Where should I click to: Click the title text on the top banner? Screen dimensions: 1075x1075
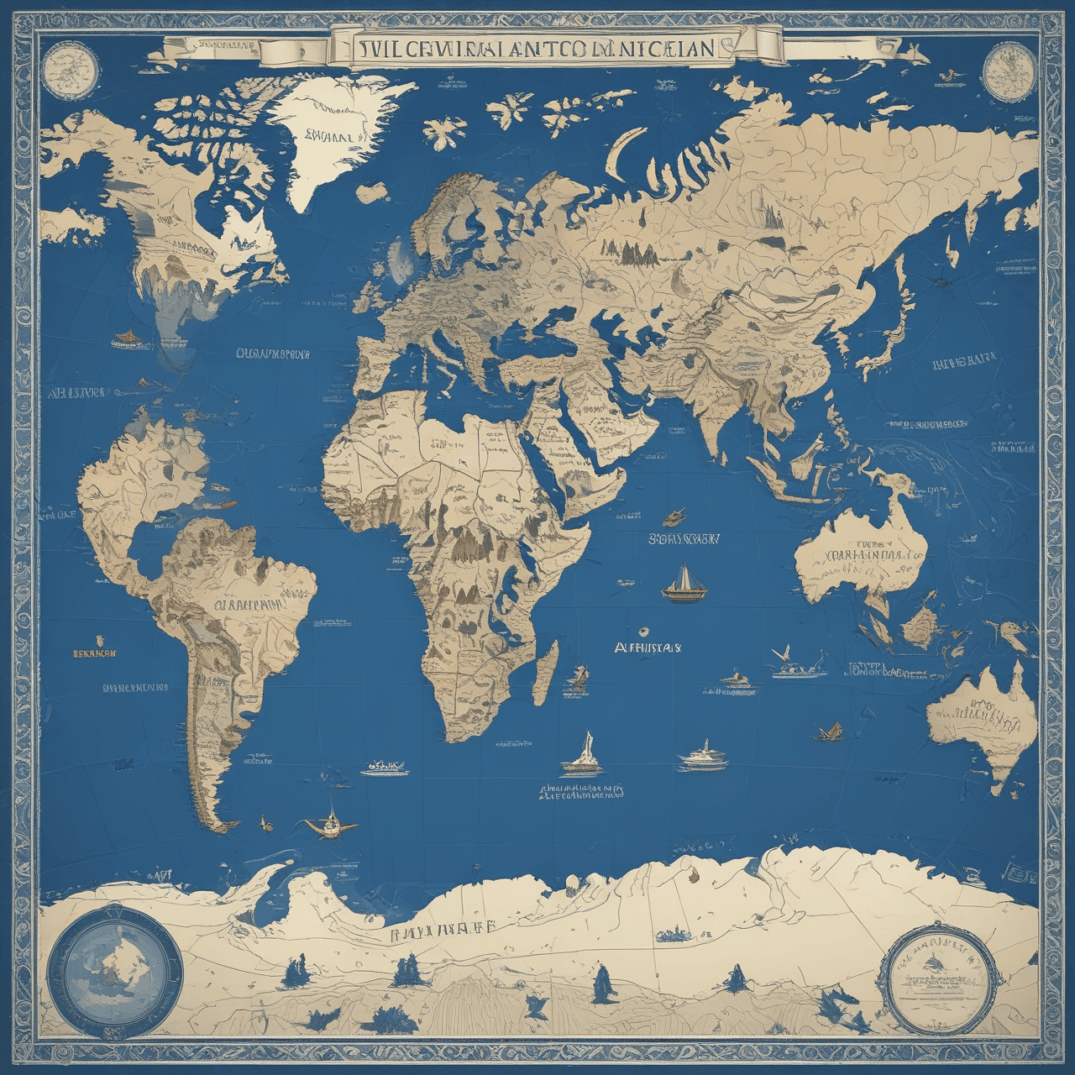[537, 48]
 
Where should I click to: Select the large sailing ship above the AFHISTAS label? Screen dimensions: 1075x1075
[681, 584]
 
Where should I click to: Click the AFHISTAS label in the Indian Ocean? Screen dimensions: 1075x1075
[648, 648]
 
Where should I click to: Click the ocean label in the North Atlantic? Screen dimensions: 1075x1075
[273, 354]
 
